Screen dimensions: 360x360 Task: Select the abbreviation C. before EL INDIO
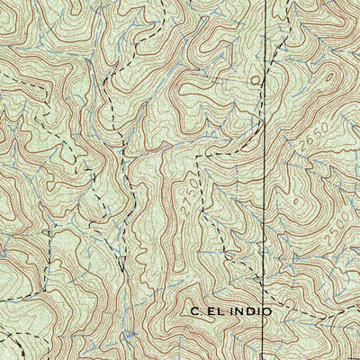[197, 310]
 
